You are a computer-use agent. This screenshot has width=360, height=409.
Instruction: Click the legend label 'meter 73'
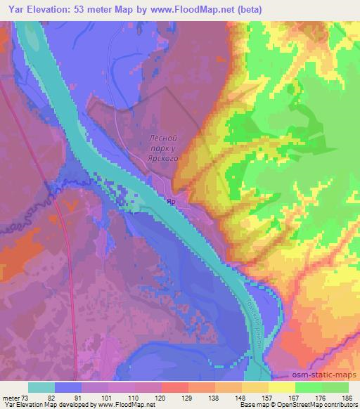point(15,397)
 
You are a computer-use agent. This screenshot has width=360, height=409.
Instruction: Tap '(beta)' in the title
point(258,9)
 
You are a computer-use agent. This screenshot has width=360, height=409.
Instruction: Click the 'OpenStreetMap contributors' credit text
point(312,405)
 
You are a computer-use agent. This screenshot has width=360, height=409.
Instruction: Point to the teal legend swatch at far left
point(41,387)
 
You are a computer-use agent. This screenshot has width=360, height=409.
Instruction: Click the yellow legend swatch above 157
point(255,387)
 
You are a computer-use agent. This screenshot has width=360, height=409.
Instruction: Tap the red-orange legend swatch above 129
point(175,387)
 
